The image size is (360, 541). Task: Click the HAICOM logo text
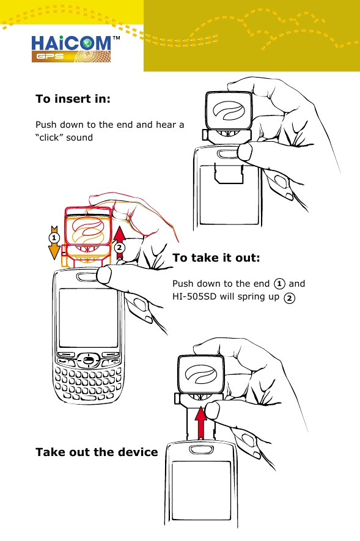click(x=70, y=43)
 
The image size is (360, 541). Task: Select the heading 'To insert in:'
click(x=73, y=99)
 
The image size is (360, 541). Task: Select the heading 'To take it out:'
click(x=216, y=258)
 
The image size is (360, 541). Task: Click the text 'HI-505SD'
click(x=194, y=297)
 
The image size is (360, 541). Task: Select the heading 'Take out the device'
click(x=97, y=452)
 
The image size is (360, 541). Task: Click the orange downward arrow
click(x=54, y=245)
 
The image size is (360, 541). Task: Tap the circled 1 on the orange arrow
click(x=54, y=237)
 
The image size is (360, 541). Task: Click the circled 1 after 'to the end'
click(x=279, y=284)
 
